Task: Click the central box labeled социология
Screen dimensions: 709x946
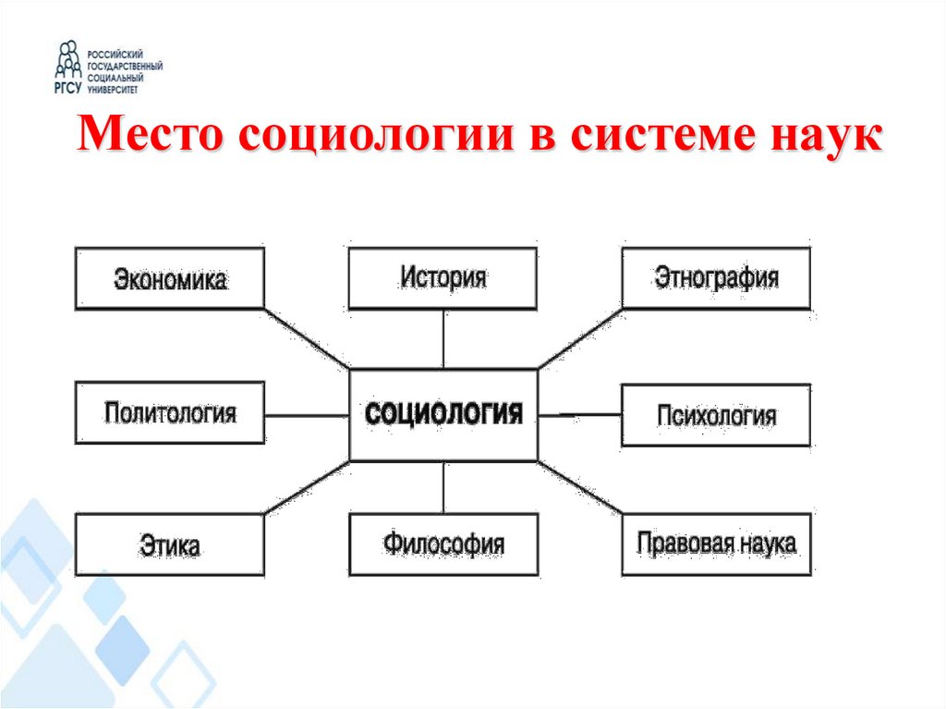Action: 443,414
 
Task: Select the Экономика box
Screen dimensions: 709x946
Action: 170,277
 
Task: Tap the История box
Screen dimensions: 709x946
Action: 443,277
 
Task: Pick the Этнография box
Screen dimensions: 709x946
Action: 716,277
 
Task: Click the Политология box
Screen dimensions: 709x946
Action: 170,413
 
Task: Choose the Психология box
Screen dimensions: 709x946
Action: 716,415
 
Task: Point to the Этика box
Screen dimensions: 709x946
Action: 170,545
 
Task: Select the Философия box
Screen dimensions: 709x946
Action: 443,545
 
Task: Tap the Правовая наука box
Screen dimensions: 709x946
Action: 716,544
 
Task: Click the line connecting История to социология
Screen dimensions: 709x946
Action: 443,338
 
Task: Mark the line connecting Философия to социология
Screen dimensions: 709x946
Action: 443,487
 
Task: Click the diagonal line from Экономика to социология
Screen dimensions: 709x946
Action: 307,338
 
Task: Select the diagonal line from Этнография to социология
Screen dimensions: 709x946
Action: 580,338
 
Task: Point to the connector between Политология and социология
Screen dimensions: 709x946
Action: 307,415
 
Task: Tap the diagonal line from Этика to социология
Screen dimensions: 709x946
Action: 307,487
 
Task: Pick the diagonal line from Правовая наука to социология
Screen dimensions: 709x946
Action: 580,487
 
